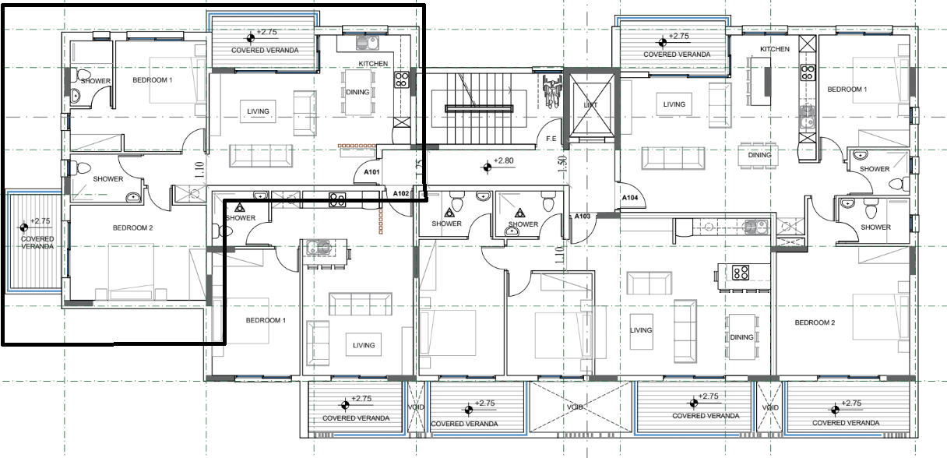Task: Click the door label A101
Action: pos(371,172)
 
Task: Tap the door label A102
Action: pos(401,194)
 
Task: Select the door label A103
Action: pos(583,217)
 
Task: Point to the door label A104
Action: pos(630,198)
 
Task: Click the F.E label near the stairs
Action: pos(551,139)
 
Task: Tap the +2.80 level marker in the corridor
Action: pos(498,164)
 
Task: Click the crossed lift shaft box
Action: pos(590,104)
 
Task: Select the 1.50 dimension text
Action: pos(562,164)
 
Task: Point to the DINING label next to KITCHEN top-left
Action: pos(357,92)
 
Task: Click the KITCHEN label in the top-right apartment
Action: pos(775,49)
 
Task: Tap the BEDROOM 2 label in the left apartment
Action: pos(132,228)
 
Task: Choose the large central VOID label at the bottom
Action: pos(575,407)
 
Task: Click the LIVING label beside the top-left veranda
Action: pos(258,111)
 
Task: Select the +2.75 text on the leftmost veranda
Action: pos(40,221)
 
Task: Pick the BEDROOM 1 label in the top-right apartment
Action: pos(847,90)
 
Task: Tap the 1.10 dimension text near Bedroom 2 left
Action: pos(200,170)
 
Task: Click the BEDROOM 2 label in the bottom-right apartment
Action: pos(815,322)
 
